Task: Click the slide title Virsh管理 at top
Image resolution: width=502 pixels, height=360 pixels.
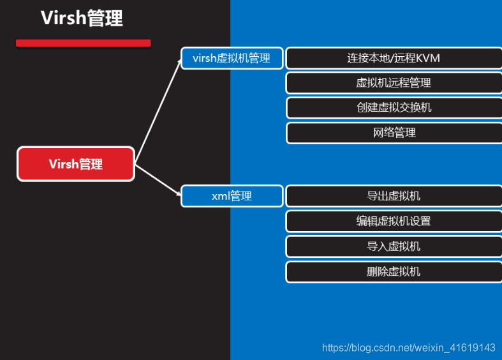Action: [x=82, y=18]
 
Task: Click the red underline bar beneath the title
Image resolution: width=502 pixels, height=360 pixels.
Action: [x=83, y=43]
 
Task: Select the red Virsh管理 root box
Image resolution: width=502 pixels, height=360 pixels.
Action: [x=75, y=164]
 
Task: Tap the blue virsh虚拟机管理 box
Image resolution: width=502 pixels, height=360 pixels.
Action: [x=232, y=58]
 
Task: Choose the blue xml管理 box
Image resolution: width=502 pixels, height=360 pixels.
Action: [x=232, y=196]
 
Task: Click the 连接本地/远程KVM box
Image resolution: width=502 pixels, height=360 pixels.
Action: [x=394, y=58]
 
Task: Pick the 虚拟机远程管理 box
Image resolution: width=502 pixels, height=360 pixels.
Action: [x=394, y=83]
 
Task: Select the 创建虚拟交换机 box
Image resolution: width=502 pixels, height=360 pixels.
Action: [x=394, y=107]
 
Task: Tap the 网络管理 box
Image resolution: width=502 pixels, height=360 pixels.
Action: [x=394, y=133]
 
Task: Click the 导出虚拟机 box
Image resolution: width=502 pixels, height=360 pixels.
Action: [x=394, y=196]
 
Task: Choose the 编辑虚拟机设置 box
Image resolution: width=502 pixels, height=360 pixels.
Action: [x=394, y=221]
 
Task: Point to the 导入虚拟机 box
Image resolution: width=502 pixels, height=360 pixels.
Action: [x=394, y=246]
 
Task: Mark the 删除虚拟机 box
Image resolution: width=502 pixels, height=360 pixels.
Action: [x=394, y=272]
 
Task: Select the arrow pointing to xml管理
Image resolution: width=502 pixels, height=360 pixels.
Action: [x=158, y=179]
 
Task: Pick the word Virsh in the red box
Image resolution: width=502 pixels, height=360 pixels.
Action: [x=63, y=164]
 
